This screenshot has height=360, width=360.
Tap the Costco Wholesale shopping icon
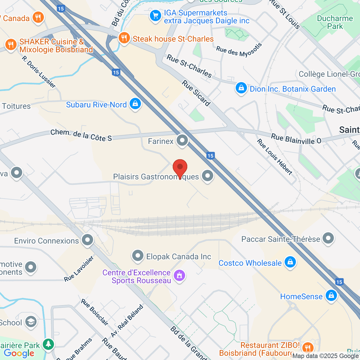coord(290,262)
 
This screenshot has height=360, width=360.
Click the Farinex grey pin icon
coord(182,140)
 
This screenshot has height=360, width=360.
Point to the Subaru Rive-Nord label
coord(96,105)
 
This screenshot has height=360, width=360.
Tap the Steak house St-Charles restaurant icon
coord(124,38)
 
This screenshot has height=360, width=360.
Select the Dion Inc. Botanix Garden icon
coord(241,88)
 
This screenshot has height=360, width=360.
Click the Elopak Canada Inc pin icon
coord(138,256)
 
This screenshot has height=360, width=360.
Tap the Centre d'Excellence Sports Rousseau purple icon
coord(179,275)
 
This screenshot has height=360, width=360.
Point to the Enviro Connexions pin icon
coord(88,240)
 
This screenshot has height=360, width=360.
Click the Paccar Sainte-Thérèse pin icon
coord(328,238)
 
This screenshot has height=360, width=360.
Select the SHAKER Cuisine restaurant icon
coord(11,45)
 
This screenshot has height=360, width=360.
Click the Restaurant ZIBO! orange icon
coord(307,348)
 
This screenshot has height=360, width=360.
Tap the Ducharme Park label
coord(335,22)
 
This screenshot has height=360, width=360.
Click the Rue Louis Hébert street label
coord(274,157)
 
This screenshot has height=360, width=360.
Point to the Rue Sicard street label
coord(196,93)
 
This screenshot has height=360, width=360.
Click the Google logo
coord(19,353)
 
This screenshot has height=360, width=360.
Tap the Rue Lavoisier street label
coord(79,269)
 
